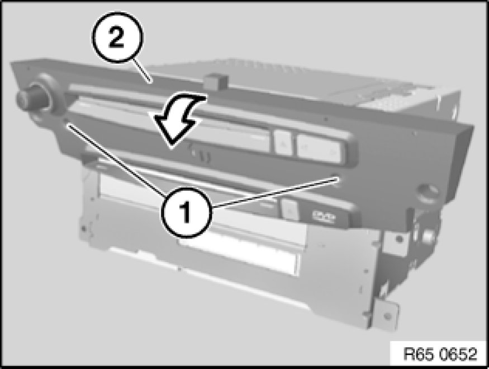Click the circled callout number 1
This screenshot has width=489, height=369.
(187, 212)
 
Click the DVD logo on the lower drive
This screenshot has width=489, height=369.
(324, 217)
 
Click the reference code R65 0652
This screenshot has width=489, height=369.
(440, 354)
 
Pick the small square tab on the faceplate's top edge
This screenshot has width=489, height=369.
(215, 81)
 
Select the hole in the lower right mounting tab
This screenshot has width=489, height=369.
(387, 316)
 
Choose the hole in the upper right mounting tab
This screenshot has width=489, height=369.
(398, 240)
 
